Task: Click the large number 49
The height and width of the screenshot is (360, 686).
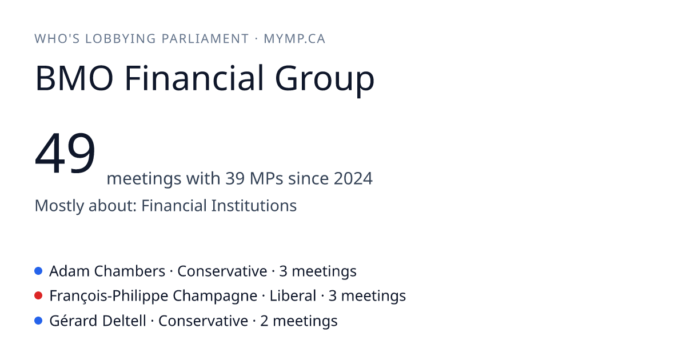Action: (x=65, y=153)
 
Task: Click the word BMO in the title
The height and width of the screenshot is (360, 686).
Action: (x=74, y=78)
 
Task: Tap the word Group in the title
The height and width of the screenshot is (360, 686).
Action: (x=325, y=81)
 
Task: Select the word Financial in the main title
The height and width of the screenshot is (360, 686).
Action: (x=194, y=78)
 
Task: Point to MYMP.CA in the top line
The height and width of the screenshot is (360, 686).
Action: (x=294, y=39)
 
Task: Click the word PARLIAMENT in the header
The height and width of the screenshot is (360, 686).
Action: (x=205, y=39)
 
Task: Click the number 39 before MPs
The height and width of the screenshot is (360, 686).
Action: (x=235, y=178)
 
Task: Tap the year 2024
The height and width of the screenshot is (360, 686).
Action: (x=353, y=178)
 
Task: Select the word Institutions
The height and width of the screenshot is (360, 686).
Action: (x=254, y=205)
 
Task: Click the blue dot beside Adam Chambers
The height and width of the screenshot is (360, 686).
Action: (x=38, y=271)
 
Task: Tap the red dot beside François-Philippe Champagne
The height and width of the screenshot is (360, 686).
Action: (x=38, y=296)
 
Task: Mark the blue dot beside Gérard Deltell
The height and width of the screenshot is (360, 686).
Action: (x=38, y=321)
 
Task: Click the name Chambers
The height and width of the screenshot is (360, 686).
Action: (x=130, y=271)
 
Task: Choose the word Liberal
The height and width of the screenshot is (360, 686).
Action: (x=293, y=296)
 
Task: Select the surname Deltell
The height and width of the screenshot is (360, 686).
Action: (x=124, y=321)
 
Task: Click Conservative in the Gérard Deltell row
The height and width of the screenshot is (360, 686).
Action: (x=203, y=321)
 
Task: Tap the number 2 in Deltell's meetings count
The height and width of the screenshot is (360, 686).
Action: (x=264, y=321)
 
